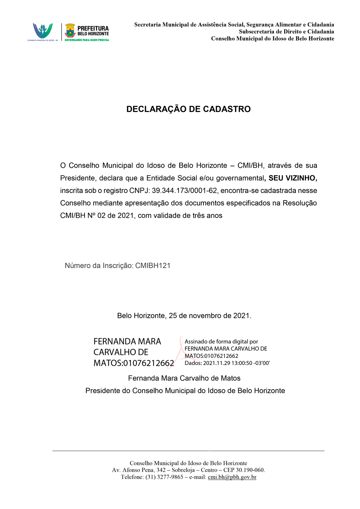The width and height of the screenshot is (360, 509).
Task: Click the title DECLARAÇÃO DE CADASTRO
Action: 188,109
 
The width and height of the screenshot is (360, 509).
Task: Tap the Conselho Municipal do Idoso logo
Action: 42,31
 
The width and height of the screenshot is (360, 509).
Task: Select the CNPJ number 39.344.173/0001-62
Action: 184,190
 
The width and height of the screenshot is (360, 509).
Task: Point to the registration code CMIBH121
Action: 153,266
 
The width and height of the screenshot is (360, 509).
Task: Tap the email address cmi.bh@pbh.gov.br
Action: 232,477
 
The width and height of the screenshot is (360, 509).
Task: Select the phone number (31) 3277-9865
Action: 164,477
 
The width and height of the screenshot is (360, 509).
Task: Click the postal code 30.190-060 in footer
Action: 250,470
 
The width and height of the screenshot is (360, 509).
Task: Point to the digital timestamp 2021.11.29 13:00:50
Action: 228,363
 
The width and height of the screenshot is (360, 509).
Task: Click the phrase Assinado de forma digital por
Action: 221,342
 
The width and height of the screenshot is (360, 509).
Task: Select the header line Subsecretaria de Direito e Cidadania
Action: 286,32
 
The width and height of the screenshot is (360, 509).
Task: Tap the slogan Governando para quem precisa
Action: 87,40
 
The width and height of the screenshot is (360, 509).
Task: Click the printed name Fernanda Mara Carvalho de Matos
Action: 184,378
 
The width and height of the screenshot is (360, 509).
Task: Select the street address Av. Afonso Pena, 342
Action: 139,470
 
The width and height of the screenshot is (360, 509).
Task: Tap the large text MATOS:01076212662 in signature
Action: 134,363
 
